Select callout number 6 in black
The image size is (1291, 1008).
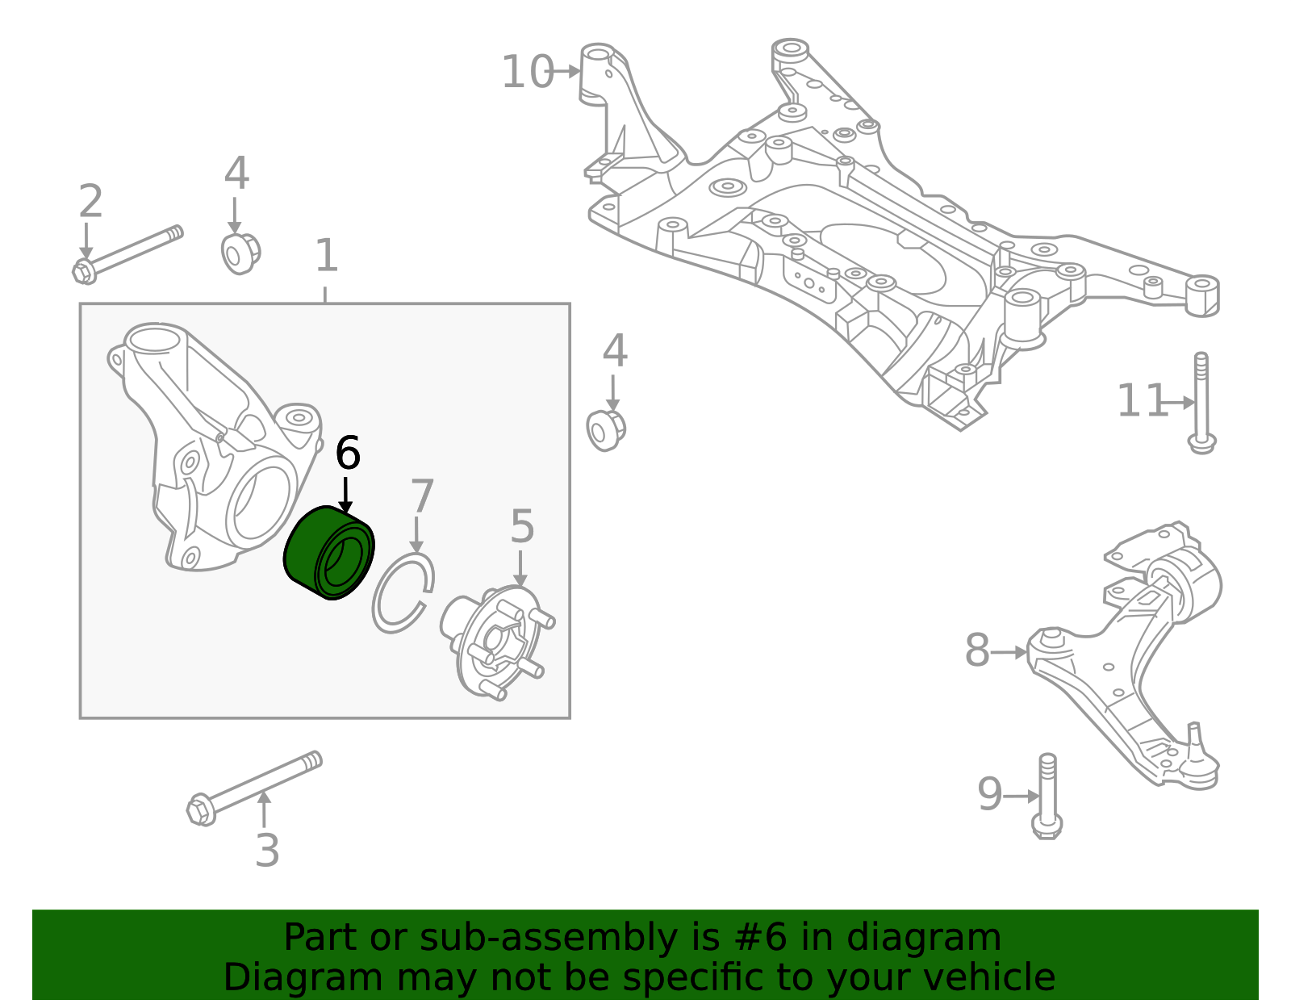348,454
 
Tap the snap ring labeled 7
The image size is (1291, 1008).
403,593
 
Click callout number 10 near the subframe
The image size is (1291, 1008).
527,72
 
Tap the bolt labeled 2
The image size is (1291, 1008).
129,252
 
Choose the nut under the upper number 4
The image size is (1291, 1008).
240,253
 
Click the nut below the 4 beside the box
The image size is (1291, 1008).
606,429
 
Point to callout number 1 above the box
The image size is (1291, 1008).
326,256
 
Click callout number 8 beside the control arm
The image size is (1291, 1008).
977,650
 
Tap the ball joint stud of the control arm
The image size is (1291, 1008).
1194,738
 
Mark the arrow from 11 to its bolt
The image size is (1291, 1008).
1180,402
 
